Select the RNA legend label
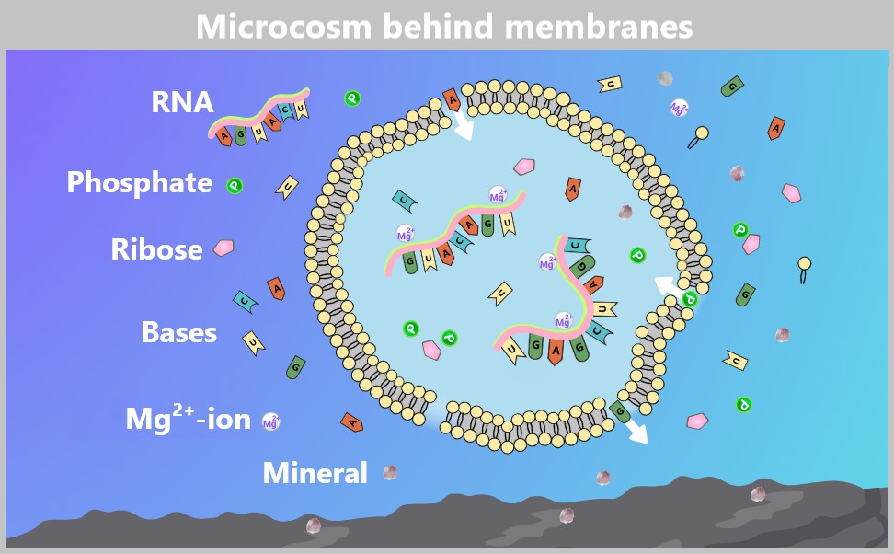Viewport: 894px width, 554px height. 182,102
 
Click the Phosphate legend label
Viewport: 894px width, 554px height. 139,183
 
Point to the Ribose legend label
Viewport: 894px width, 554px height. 156,249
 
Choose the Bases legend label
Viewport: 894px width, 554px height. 178,332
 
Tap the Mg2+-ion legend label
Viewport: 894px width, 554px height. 188,419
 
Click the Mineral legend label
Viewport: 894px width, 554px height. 315,473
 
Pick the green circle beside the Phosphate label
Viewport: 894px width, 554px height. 235,186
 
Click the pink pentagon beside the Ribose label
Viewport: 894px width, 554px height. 223,248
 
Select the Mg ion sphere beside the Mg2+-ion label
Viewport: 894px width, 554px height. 271,421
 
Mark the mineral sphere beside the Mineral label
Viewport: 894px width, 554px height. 390,472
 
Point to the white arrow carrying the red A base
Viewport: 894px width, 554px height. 463,124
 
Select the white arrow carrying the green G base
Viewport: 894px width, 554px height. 634,430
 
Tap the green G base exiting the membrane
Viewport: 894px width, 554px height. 620,411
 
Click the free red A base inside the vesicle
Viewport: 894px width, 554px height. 573,188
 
